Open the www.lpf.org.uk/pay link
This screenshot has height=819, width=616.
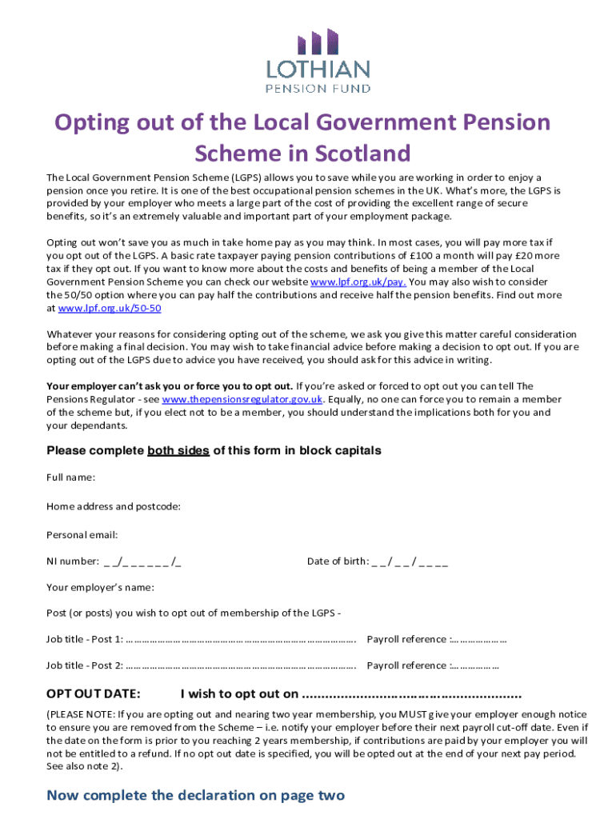(358, 282)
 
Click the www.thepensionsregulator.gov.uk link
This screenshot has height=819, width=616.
(242, 399)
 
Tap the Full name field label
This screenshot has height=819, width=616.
(71, 477)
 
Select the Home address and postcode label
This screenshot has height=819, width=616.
(114, 506)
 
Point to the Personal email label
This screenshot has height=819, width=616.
(82, 534)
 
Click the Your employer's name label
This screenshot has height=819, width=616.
(101, 587)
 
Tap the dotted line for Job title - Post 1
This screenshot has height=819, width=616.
(241, 639)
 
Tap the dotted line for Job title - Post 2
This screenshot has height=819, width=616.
(241, 665)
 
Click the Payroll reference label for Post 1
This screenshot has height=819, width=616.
(406, 639)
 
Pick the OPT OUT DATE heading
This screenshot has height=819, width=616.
(94, 693)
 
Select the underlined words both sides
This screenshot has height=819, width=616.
(178, 450)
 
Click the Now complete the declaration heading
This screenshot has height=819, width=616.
(196, 795)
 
